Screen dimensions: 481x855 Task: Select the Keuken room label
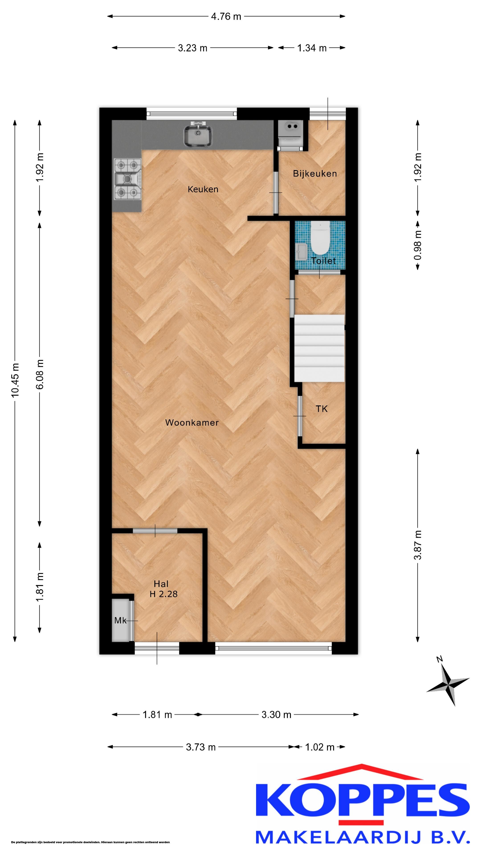click(x=203, y=189)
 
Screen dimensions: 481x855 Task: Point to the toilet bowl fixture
click(x=320, y=238)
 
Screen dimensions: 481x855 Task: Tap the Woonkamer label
click(x=192, y=423)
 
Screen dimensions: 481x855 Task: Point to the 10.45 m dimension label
click(x=15, y=380)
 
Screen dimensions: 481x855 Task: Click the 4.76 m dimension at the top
click(x=226, y=16)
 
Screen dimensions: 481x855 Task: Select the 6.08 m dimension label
click(x=39, y=374)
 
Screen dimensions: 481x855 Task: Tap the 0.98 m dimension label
click(x=418, y=246)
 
